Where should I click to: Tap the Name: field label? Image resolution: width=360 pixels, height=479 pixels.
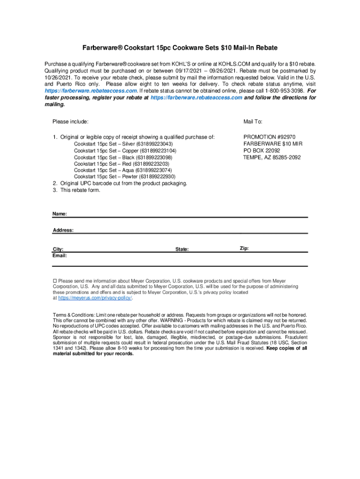(59, 214)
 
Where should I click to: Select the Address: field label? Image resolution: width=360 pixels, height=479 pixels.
(63, 230)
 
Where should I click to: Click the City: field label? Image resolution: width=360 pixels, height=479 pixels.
(58, 249)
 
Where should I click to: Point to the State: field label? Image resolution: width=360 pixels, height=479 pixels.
(182, 249)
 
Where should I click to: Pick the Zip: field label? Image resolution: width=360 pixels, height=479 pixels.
(244, 248)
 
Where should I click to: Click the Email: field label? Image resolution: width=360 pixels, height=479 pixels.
(60, 256)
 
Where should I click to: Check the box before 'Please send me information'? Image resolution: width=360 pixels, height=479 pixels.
(54, 281)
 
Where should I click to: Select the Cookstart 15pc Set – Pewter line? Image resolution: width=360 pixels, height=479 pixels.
(124, 177)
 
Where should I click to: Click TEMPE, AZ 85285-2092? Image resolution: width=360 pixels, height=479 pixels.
(272, 157)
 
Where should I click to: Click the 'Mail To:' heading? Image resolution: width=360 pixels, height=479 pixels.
(252, 122)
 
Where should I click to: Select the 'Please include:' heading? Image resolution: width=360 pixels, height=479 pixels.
(70, 122)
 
